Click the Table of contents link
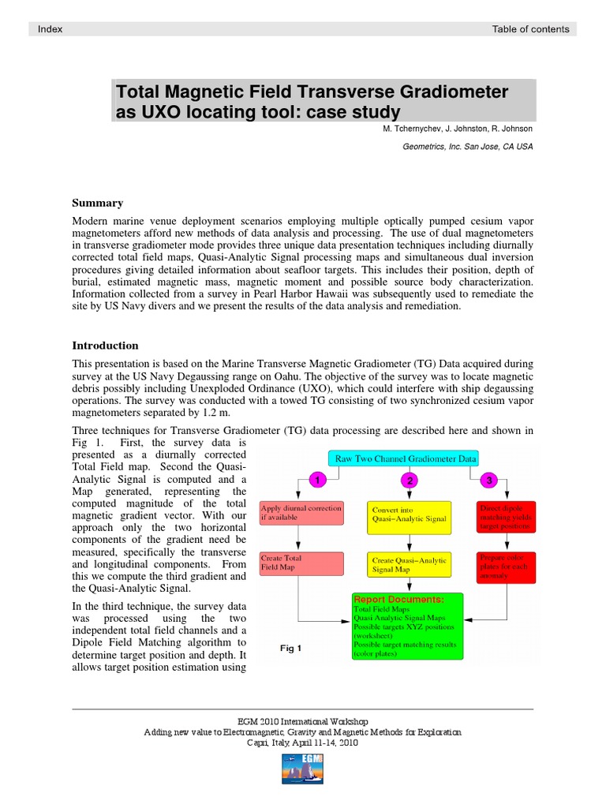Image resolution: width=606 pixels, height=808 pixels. [x=529, y=29]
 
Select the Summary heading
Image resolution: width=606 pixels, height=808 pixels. [x=97, y=203]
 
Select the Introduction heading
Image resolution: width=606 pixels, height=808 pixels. [x=105, y=345]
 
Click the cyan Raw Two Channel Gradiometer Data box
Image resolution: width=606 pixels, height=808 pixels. [x=406, y=458]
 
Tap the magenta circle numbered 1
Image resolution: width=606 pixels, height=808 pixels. [x=316, y=479]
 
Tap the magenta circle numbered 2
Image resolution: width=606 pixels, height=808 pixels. [x=409, y=479]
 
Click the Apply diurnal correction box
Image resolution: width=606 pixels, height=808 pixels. [x=301, y=514]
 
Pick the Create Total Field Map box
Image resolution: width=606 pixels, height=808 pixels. [x=301, y=563]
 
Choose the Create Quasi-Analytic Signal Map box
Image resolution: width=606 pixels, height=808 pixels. [x=409, y=565]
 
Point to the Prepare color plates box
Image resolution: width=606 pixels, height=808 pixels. [x=505, y=567]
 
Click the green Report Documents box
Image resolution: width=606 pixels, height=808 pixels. [x=408, y=627]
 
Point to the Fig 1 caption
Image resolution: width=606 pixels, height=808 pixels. [x=291, y=648]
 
